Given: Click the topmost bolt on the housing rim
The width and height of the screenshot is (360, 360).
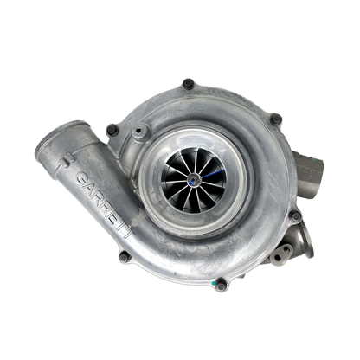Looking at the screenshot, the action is click(x=188, y=84).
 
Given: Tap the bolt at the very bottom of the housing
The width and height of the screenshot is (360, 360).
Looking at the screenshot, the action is click(x=221, y=285).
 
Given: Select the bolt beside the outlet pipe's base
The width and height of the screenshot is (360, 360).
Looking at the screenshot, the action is click(x=112, y=130).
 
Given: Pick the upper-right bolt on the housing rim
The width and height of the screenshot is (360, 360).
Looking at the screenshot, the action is click(x=276, y=119).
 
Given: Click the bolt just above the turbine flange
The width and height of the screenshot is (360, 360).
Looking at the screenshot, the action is click(x=296, y=216).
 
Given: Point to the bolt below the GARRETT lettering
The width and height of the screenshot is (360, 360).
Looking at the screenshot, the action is click(x=125, y=256).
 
